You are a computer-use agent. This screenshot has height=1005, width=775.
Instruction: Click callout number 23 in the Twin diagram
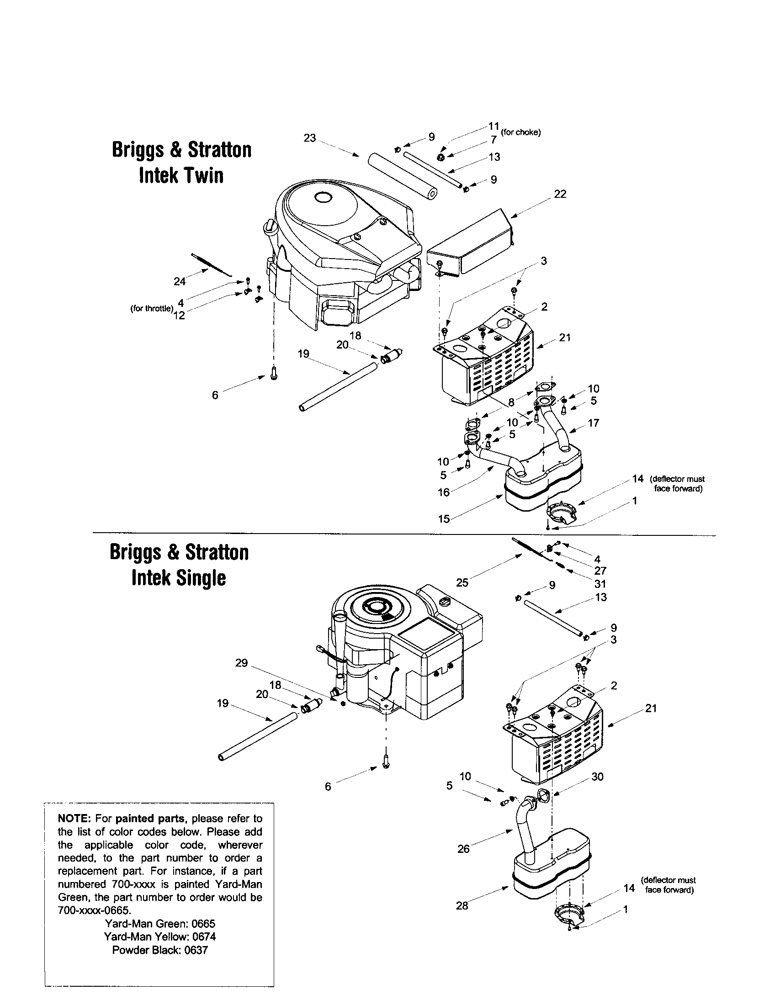(x=310, y=138)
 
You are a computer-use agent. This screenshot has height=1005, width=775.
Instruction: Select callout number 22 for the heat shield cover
(x=560, y=194)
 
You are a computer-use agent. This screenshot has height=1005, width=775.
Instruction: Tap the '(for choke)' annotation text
(x=520, y=132)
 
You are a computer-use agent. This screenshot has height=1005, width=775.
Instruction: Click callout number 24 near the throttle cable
(x=180, y=281)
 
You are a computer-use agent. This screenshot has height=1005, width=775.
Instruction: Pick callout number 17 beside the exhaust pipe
(x=594, y=423)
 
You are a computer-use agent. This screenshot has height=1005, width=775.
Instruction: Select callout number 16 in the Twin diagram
(x=443, y=492)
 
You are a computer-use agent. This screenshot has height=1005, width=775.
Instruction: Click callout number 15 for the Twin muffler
(x=443, y=519)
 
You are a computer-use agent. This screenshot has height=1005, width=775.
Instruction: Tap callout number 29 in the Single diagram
(x=241, y=663)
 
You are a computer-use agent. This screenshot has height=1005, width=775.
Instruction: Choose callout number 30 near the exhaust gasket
(x=597, y=777)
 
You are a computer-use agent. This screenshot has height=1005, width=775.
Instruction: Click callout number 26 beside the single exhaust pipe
(x=463, y=849)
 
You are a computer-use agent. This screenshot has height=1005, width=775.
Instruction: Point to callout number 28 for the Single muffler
(x=462, y=905)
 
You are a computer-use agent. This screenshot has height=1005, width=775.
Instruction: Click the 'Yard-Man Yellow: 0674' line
(x=159, y=936)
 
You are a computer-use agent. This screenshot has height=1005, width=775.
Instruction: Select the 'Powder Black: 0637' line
(x=159, y=950)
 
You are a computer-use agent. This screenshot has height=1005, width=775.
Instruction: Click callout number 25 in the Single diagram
(x=462, y=582)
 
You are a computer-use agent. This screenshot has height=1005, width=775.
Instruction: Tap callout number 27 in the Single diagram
(x=600, y=571)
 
